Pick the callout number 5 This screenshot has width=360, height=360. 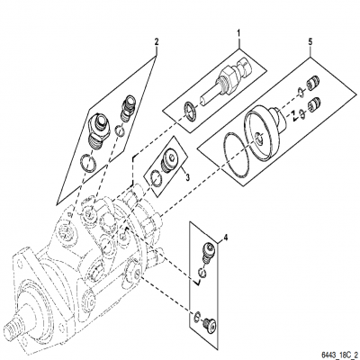(311, 40)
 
